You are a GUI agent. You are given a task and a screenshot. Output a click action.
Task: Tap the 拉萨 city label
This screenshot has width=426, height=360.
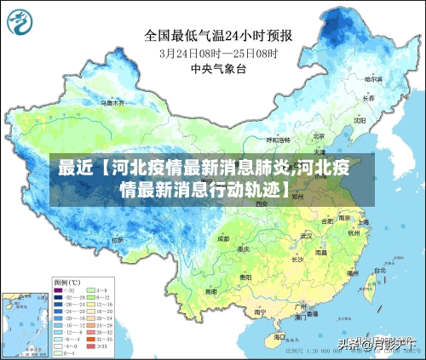coord(117,241)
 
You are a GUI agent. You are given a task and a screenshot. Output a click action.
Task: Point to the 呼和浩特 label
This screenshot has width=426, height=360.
coord(278,139)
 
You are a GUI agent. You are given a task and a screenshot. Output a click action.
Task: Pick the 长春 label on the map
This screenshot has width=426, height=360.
coord(368,98)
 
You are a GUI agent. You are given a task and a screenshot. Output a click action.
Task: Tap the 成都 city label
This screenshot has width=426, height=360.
coord(223,239)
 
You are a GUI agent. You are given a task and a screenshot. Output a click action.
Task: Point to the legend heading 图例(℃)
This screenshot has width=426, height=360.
coord(66,282)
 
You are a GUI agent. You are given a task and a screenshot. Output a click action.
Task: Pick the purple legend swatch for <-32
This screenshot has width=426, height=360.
coord(58,291)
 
